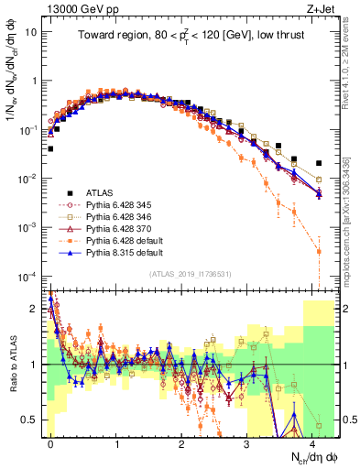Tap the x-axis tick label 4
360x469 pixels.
(x=312, y=442)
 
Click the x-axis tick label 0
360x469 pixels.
(x=50, y=442)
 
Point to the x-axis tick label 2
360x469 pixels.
(x=181, y=442)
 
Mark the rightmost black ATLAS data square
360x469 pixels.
(x=319, y=163)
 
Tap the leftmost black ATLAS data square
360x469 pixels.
(x=50, y=148)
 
